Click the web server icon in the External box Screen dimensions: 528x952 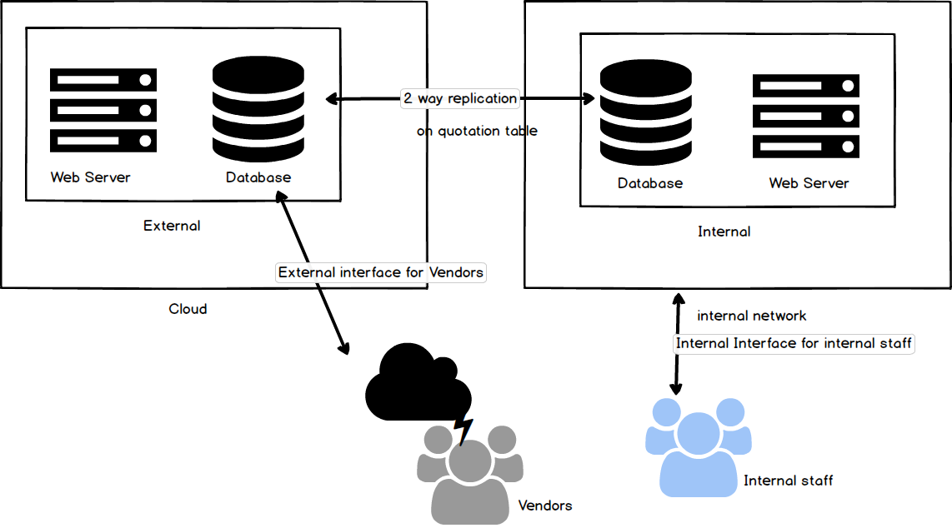(103, 110)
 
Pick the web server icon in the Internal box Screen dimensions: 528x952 (806, 117)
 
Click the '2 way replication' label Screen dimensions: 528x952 (460, 98)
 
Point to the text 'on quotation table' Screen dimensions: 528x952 (477, 131)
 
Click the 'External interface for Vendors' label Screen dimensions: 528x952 (380, 272)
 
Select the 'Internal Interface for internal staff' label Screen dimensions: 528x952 (794, 343)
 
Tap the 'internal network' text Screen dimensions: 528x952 (751, 316)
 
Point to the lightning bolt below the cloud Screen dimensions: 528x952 (463, 428)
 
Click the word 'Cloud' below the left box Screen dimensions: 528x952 (188, 309)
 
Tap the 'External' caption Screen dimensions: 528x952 (172, 226)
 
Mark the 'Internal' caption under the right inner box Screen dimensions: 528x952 (724, 232)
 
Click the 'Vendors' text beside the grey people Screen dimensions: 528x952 (545, 506)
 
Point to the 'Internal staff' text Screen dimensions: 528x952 (788, 481)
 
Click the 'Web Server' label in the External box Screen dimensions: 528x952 (90, 177)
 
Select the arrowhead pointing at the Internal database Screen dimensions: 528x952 (589, 99)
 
